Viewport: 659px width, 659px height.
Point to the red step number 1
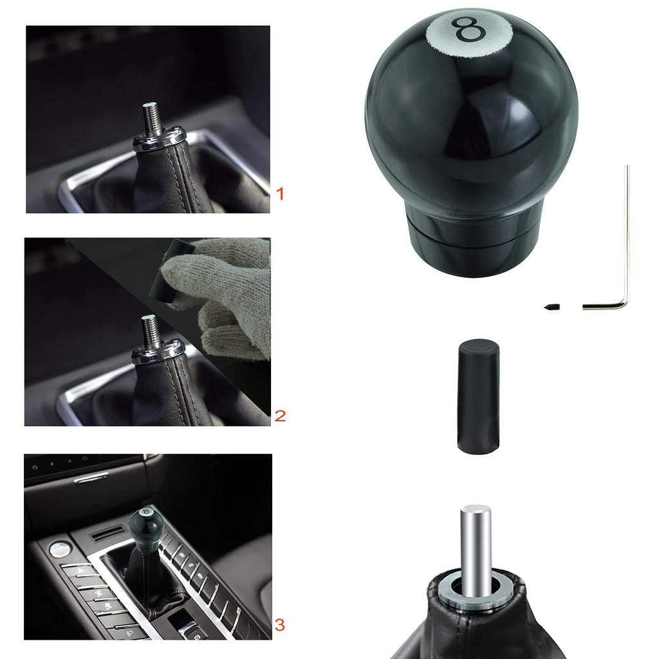pos(279,193)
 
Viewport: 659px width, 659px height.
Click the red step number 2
pos(280,416)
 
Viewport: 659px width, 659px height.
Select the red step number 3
pos(279,624)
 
